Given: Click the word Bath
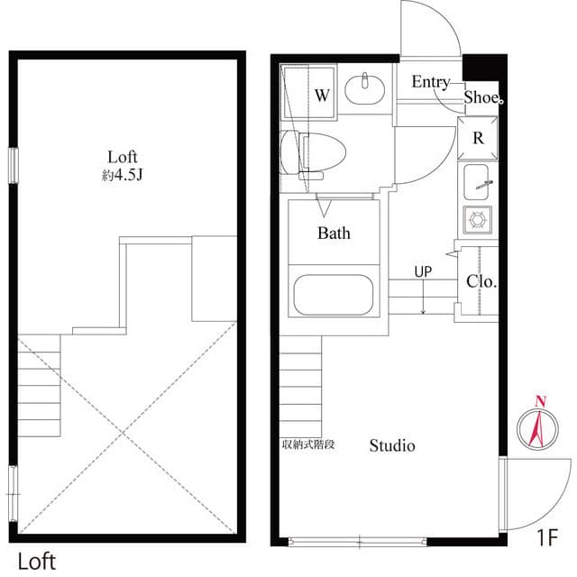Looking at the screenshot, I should (x=334, y=234).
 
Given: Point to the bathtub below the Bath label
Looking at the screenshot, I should (x=334, y=293).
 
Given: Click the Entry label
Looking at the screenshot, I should (x=430, y=82).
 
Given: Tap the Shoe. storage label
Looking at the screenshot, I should (x=482, y=97).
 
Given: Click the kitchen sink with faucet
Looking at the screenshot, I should (x=478, y=186).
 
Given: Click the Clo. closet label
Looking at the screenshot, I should (x=481, y=281).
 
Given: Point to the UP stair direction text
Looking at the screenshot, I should (x=423, y=270).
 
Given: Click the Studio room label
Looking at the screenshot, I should (x=392, y=445).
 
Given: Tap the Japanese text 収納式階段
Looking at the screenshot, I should (x=308, y=444).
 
